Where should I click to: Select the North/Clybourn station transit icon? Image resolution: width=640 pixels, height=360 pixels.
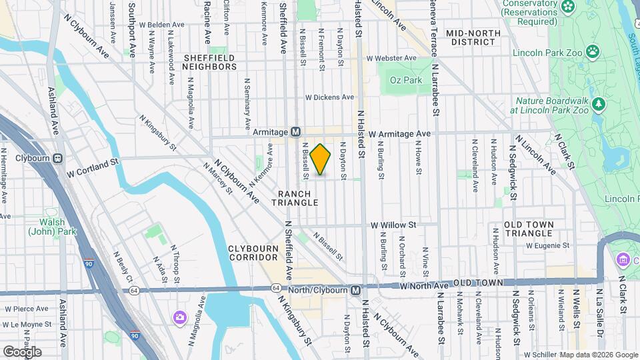click(x=356, y=290)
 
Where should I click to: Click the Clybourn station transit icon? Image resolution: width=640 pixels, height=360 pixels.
click(x=58, y=159)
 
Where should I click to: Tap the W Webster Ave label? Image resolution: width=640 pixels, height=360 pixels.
click(x=391, y=58)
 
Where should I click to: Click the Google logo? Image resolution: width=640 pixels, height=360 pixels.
click(x=22, y=351)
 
